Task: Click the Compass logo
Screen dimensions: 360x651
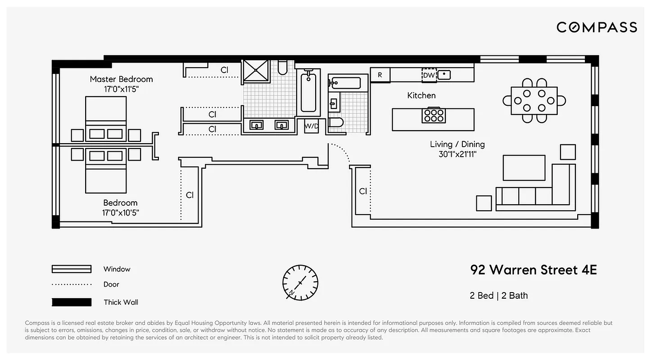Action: point(597,27)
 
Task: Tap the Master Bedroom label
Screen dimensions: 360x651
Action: point(121,79)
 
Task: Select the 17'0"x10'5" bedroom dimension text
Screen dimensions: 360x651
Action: point(120,213)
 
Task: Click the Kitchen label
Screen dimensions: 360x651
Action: point(421,95)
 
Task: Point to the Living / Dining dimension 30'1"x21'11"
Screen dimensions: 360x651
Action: point(457,154)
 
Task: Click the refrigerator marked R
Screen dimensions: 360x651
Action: point(380,75)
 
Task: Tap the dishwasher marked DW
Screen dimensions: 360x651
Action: point(429,75)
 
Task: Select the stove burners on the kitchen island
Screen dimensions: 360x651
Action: point(434,116)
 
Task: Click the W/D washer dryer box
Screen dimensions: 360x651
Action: point(311,126)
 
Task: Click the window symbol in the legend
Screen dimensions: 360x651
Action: point(72,269)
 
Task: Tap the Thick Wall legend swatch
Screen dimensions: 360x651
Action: point(72,302)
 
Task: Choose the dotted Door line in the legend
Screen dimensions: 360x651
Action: point(72,284)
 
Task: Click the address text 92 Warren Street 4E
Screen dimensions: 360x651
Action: point(533,270)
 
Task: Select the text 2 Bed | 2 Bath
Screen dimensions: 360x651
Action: point(499,296)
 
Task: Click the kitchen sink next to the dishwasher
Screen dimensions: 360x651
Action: point(444,75)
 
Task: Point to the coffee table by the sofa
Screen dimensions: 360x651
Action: point(524,168)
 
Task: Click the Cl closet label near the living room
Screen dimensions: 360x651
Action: point(363,191)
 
